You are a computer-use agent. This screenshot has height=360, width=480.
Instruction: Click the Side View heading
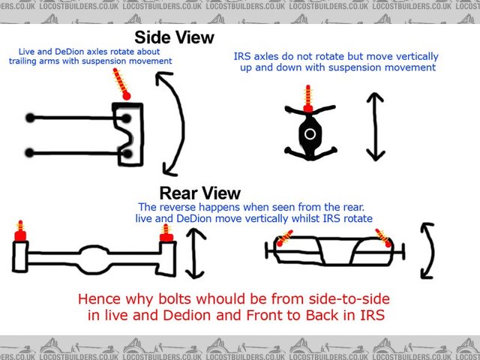[x=174, y=37]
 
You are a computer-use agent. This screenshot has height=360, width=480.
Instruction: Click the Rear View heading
[x=200, y=193]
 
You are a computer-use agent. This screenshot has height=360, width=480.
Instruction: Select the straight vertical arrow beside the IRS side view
[x=376, y=127]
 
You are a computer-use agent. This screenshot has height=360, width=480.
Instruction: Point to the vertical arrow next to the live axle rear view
[x=195, y=253]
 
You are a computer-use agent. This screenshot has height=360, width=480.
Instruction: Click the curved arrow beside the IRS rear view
[x=431, y=251]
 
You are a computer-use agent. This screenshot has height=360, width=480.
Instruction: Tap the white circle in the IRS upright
[x=310, y=133]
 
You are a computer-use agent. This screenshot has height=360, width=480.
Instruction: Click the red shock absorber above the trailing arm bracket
[x=121, y=83]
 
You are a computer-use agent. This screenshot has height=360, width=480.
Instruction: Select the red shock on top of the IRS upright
[x=308, y=99]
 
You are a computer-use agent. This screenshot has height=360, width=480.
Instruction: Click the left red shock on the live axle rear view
[x=20, y=231]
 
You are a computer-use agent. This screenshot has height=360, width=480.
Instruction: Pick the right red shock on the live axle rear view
[x=166, y=233]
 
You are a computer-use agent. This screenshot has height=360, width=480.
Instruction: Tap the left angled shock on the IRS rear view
[x=284, y=238]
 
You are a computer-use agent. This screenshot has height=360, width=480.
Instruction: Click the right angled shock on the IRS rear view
[x=383, y=238]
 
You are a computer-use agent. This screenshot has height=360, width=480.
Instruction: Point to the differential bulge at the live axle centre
[x=94, y=259]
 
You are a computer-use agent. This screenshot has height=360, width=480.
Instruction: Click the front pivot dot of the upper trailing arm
[x=30, y=118]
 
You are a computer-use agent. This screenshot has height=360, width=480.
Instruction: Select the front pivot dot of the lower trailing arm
[x=29, y=152]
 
